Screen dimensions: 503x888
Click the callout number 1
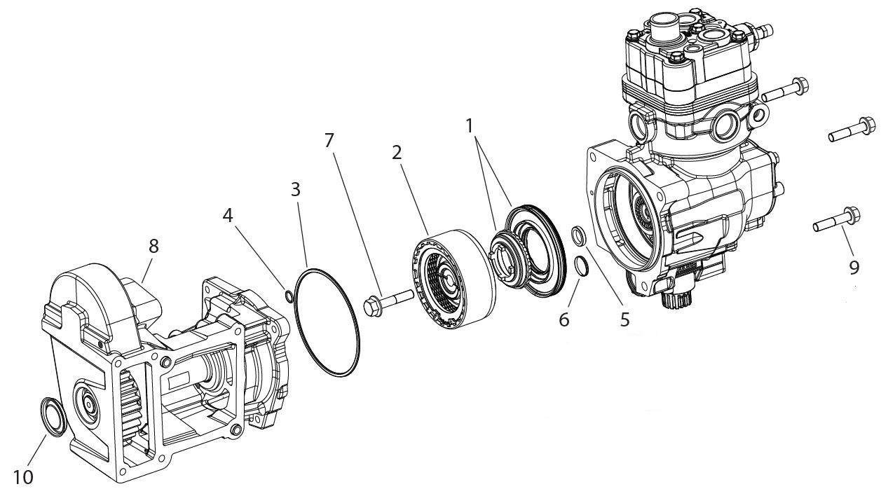[x=469, y=126]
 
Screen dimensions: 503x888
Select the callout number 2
[x=397, y=153]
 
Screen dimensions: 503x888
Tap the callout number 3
[x=296, y=189]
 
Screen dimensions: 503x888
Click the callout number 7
[x=329, y=140]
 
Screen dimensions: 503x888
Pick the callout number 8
[x=153, y=246]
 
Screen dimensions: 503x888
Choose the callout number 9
[x=853, y=267]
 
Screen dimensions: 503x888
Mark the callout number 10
[x=23, y=478]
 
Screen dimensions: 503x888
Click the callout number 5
[x=624, y=319]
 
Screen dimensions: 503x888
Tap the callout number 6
[x=565, y=319]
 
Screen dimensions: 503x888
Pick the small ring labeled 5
[x=580, y=236]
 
